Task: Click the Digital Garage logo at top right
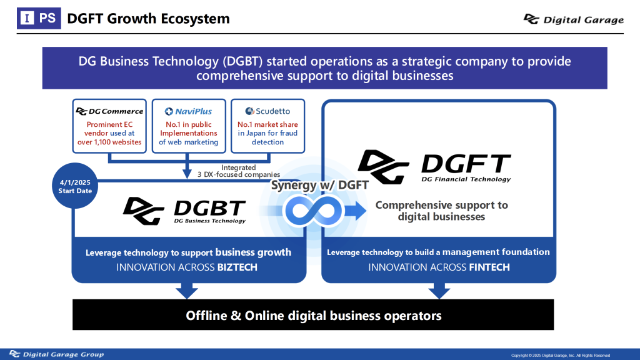pos(574,19)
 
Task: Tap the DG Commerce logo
pos(109,111)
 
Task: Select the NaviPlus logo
pos(189,111)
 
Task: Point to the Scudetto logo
pos(267,111)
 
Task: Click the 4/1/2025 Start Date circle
pos(75,186)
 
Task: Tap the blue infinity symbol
pos(314,211)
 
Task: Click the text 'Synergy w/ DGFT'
pos(319,185)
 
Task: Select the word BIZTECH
pos(237,267)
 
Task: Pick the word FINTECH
pos(489,267)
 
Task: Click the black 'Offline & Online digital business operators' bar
pos(313,315)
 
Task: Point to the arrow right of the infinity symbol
pos(356,211)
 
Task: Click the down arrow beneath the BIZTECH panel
pos(187,291)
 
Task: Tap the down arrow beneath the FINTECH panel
pos(439,291)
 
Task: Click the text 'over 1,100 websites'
pos(109,142)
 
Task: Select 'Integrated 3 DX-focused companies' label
pos(239,171)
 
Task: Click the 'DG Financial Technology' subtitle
pos(466,179)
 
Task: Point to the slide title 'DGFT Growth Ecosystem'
pos(148,19)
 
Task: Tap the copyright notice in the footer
pos(561,356)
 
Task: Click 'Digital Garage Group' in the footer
pos(57,354)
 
